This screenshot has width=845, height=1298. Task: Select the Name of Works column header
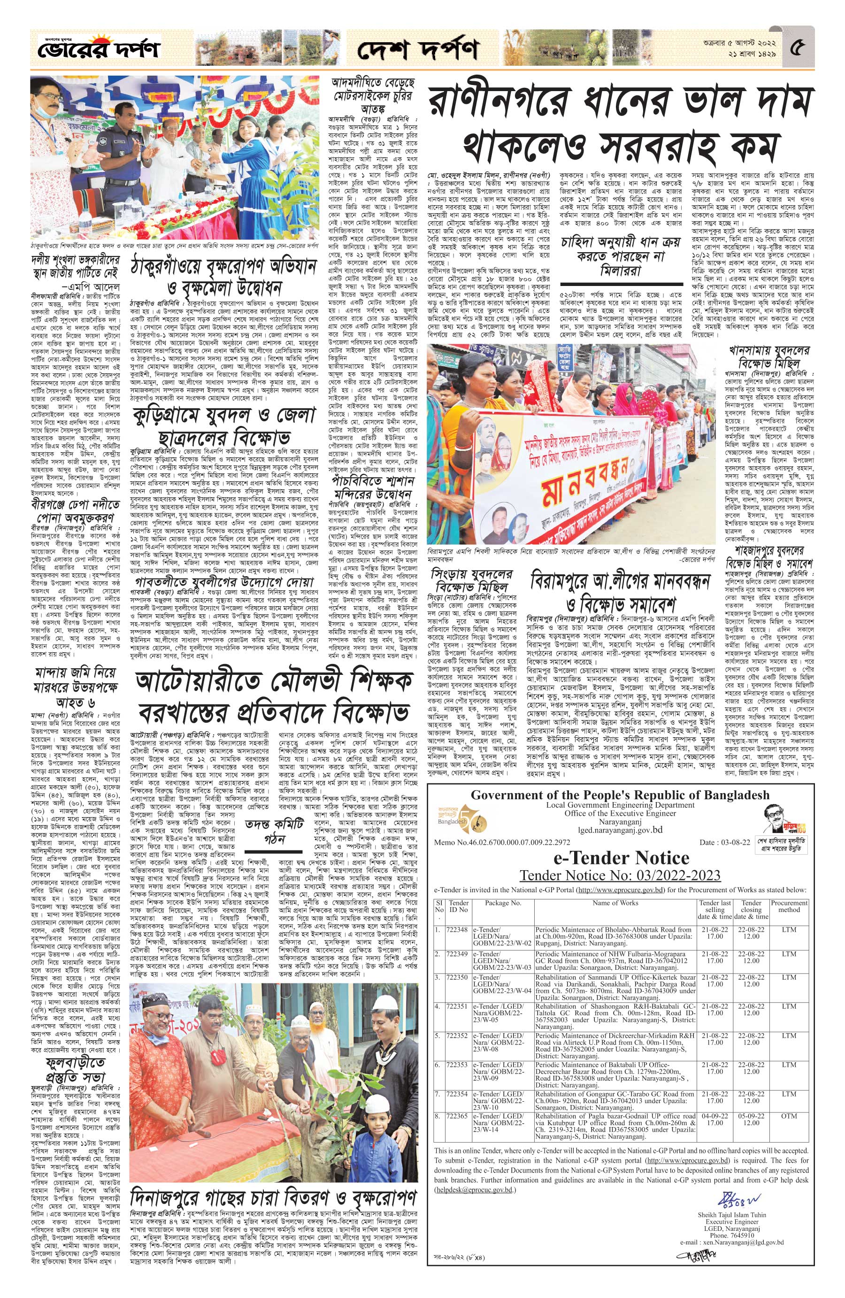615,903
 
